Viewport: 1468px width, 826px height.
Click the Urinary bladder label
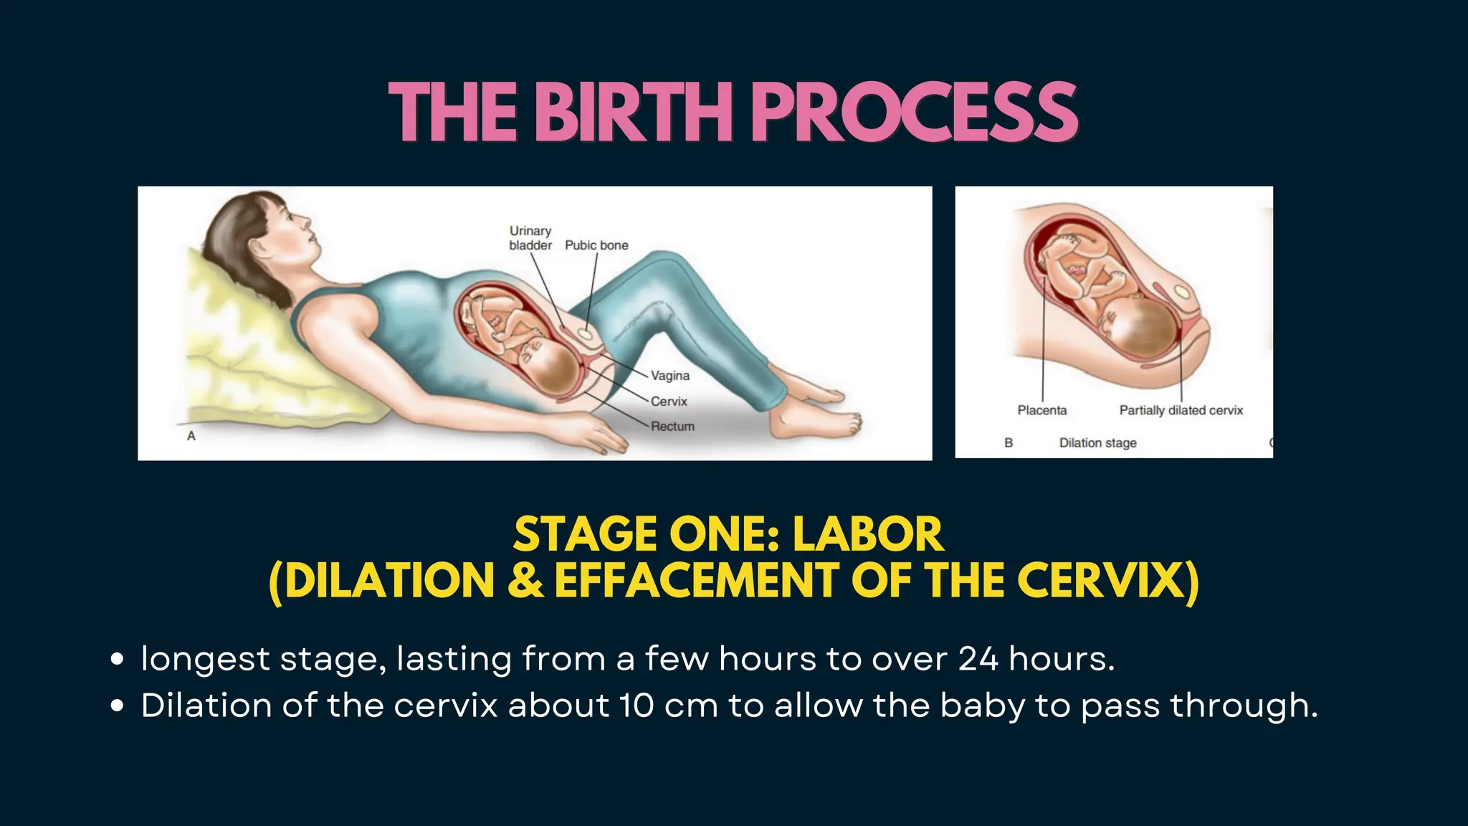530,238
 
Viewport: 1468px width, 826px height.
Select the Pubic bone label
596,245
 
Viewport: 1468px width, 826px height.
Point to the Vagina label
670,376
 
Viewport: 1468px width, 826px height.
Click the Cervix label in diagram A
669,402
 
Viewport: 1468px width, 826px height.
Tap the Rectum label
672,427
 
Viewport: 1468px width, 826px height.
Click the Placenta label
1042,410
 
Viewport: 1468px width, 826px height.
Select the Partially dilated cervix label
1181,410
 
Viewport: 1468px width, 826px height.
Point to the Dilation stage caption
1098,443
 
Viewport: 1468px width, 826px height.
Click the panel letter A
191,436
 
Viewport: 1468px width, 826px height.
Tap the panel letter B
1009,443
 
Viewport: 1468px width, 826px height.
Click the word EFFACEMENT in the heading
696,580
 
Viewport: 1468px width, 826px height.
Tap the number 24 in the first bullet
978,658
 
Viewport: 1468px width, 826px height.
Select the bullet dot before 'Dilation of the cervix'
118,706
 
